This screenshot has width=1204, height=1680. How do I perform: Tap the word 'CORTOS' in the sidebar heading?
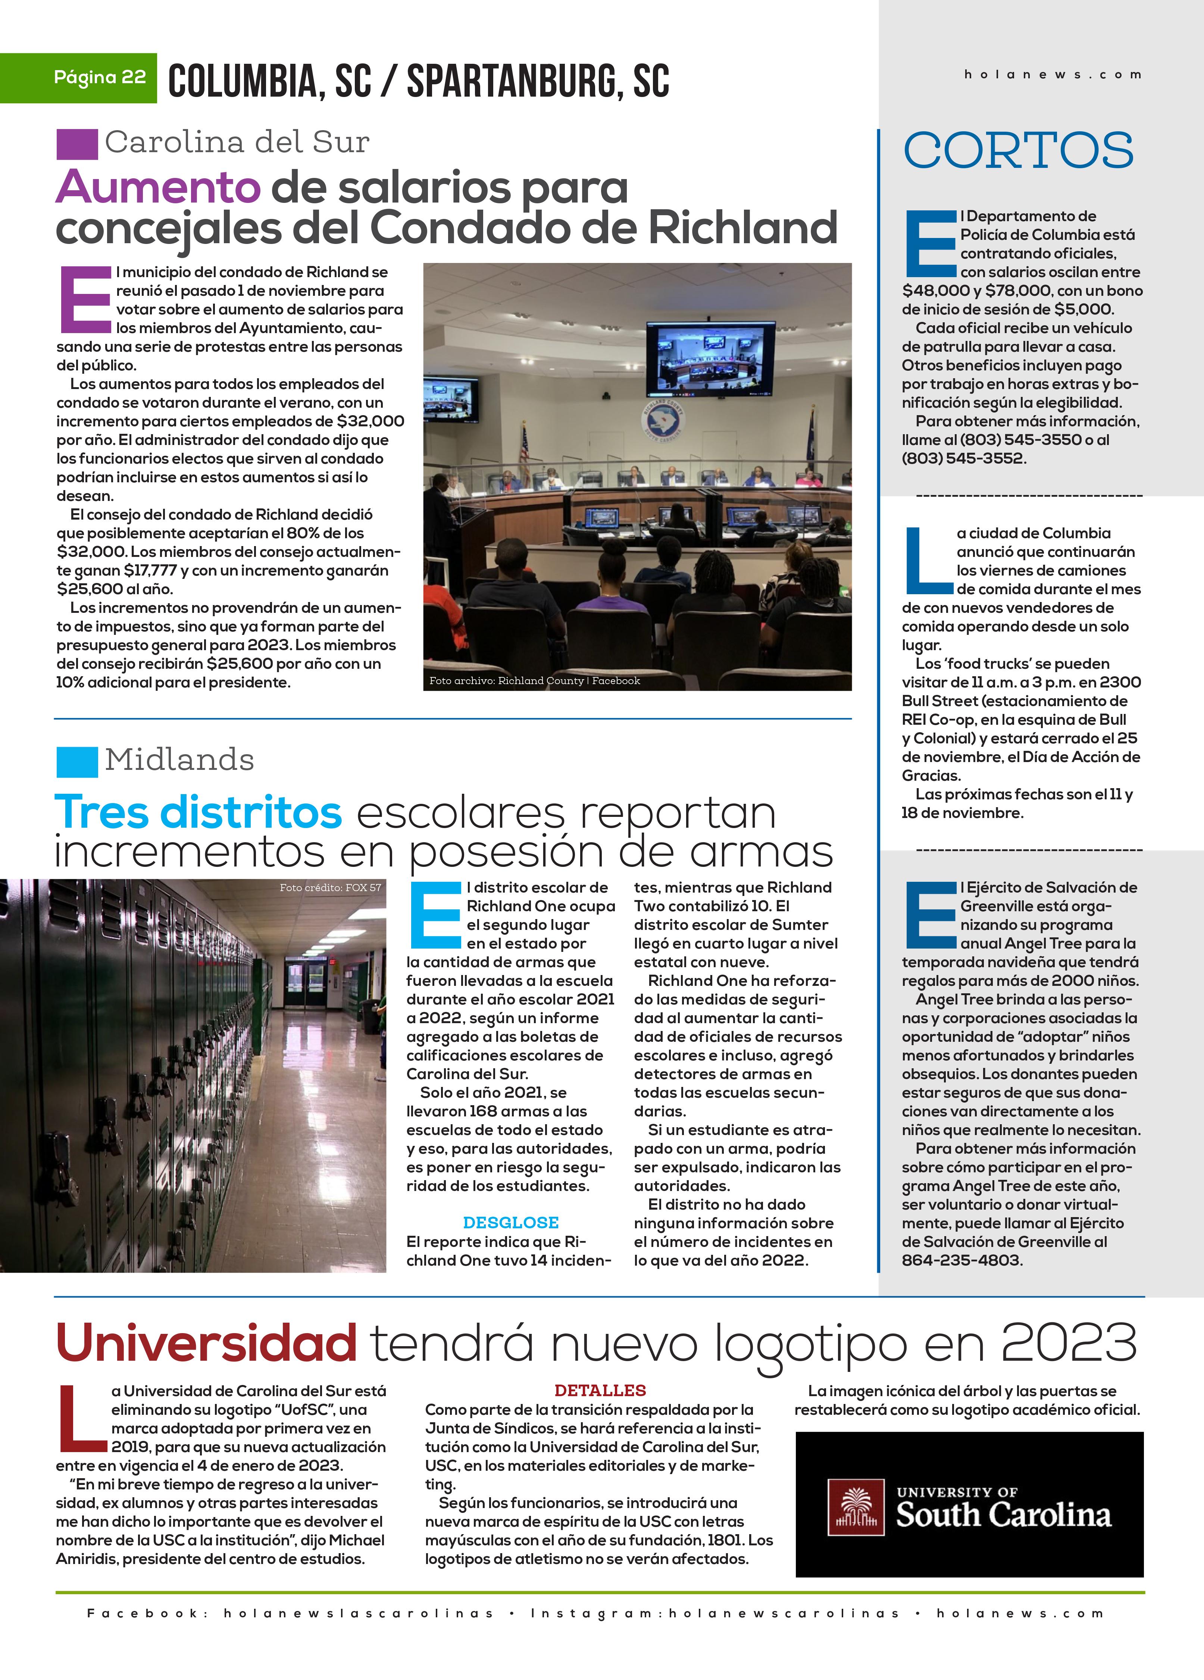click(x=1018, y=150)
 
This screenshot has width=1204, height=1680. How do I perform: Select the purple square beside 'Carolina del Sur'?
click(x=77, y=144)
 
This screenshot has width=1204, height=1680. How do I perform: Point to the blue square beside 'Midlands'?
click(x=77, y=761)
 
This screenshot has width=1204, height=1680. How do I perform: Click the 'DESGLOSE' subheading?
click(x=510, y=1222)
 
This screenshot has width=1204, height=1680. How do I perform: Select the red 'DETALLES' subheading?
click(x=600, y=1391)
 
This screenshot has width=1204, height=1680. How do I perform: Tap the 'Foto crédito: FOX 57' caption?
click(x=331, y=887)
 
